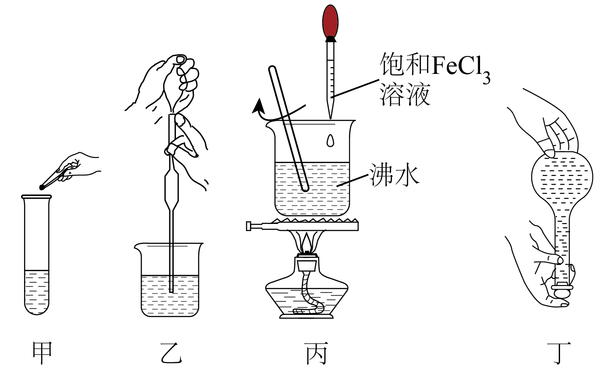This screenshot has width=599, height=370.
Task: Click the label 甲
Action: point(42,353)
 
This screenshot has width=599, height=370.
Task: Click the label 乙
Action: point(171,353)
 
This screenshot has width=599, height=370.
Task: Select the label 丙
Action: point(316,353)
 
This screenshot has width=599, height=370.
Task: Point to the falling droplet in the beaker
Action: point(331,140)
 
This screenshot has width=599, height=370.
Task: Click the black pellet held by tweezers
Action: point(42,187)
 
